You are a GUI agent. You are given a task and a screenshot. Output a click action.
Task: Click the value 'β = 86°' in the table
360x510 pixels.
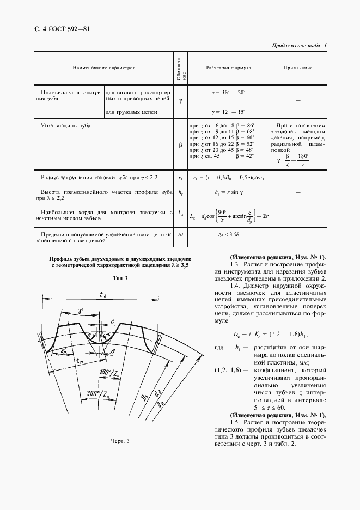click(243, 126)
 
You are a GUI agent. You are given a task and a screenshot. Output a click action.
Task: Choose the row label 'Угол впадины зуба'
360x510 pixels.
click(66, 126)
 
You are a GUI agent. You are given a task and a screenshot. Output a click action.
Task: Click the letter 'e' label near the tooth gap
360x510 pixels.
click(113, 323)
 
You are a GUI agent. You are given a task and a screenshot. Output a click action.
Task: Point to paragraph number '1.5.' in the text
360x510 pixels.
click(235, 423)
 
